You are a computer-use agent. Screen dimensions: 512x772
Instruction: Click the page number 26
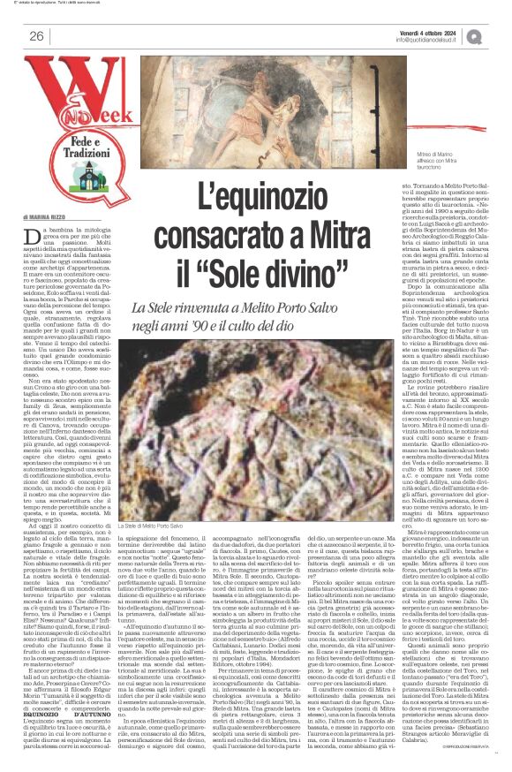(x=36, y=36)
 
